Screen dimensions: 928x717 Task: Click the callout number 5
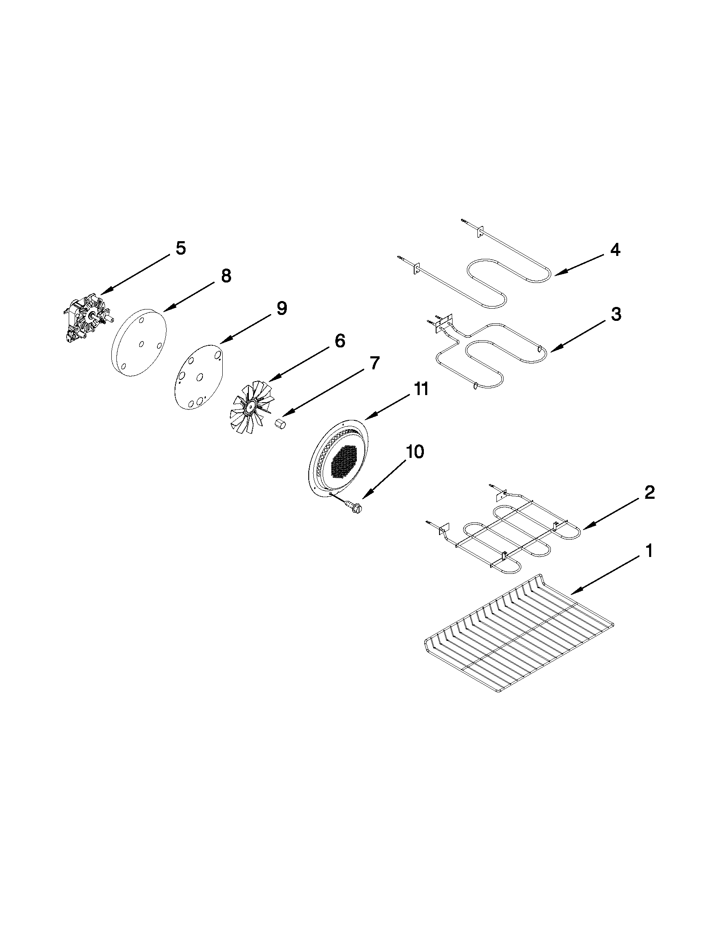(x=181, y=248)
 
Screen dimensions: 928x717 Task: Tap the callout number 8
(x=226, y=276)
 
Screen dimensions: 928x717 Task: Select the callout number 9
(x=281, y=309)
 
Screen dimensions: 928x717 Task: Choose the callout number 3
(x=616, y=315)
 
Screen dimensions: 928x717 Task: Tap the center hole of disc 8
(x=141, y=344)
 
